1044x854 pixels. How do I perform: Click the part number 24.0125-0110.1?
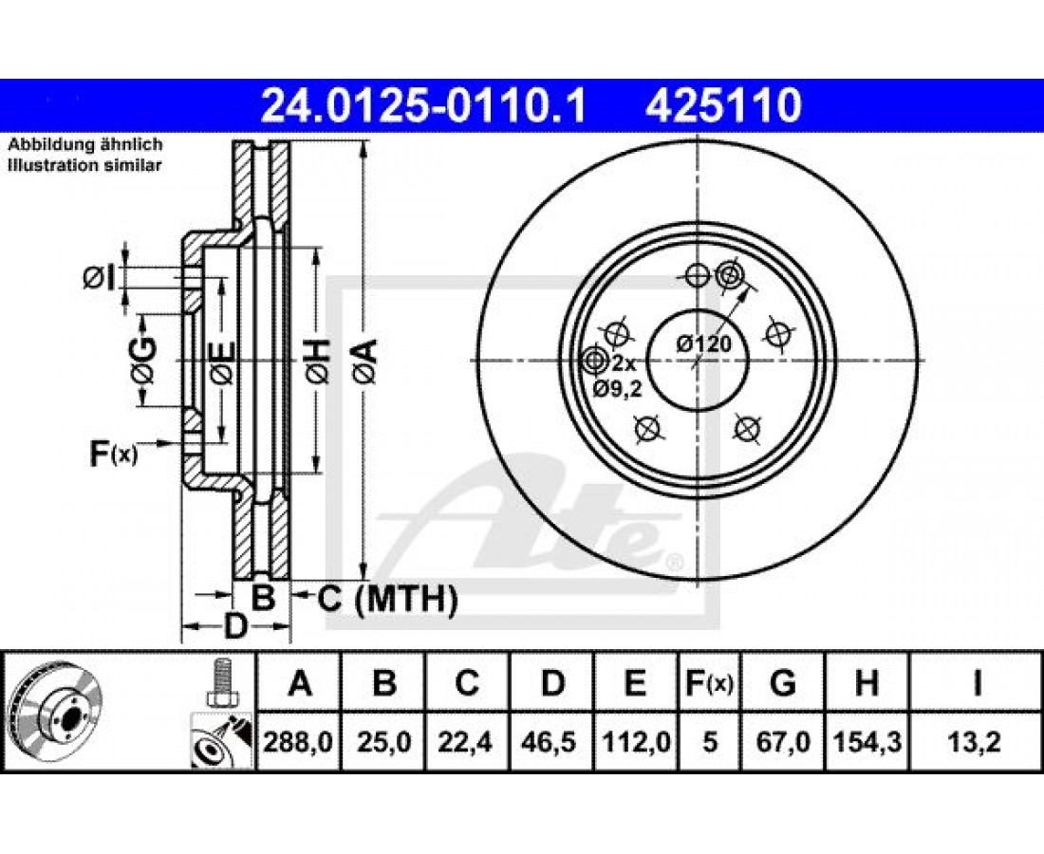point(423,106)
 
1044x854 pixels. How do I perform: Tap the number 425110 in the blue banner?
point(723,106)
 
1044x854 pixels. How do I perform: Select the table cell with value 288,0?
point(298,741)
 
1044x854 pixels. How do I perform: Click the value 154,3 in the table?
point(867,741)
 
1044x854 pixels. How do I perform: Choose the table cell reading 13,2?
point(976,741)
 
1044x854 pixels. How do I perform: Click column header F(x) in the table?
point(710,683)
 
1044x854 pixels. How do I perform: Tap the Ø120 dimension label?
point(704,344)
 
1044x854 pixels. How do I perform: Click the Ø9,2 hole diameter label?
point(617,389)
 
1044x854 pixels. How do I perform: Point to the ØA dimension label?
point(364,361)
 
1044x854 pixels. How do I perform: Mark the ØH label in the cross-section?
point(317,361)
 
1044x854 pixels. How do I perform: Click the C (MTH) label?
point(387,599)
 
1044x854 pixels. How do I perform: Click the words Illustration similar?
point(84,166)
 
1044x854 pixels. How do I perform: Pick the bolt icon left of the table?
point(222,683)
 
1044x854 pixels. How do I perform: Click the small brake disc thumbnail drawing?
point(55,713)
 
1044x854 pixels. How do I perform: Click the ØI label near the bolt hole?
point(100,278)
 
